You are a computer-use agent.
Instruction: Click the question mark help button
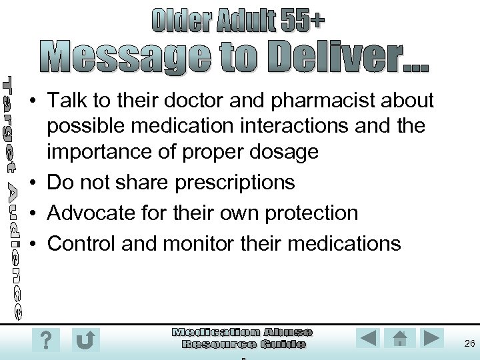[45, 339]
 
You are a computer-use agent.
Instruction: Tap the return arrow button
[85, 339]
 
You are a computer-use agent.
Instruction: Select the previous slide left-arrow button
[369, 339]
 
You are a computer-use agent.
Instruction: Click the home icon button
[400, 339]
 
